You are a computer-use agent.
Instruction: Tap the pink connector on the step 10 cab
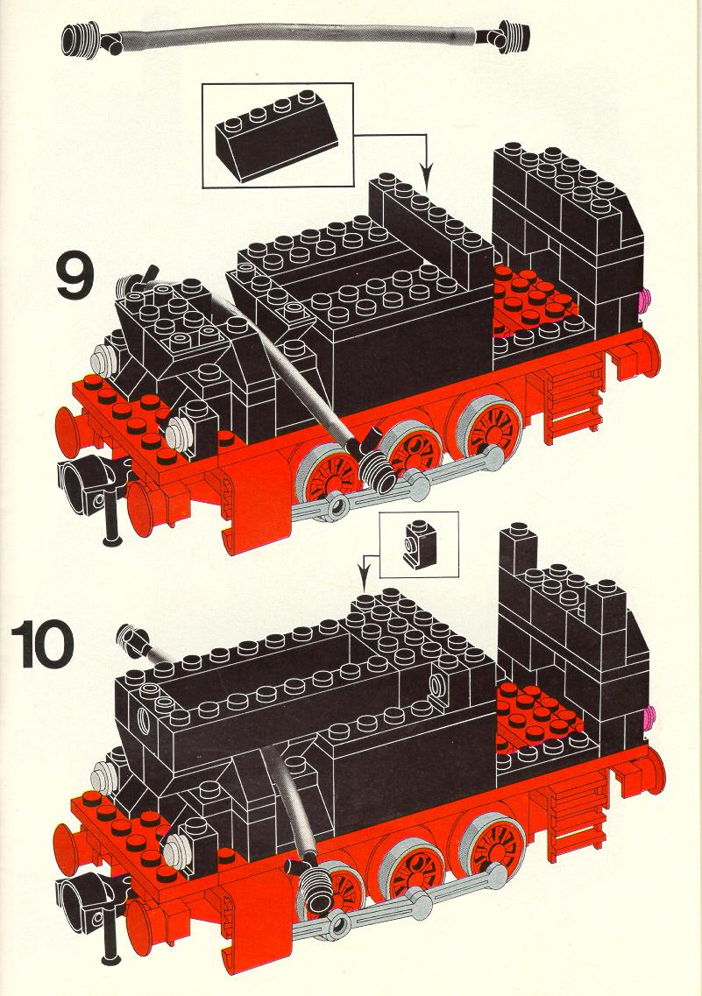click(648, 717)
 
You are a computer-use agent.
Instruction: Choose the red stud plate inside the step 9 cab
click(535, 299)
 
